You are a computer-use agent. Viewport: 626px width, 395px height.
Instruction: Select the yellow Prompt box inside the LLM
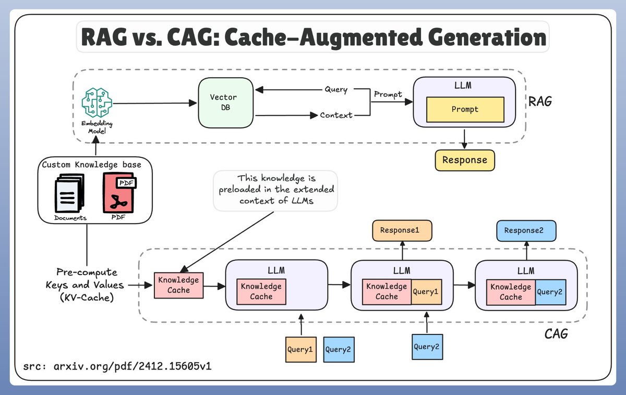click(x=465, y=110)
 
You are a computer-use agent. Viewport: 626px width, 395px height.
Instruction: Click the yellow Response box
click(x=464, y=159)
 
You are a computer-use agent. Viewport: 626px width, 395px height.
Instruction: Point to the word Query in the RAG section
click(x=336, y=90)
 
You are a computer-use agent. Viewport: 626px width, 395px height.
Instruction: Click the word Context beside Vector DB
click(x=336, y=115)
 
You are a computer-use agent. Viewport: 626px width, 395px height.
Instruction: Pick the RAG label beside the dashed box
click(x=539, y=101)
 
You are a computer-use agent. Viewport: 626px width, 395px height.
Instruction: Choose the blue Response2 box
click(x=526, y=230)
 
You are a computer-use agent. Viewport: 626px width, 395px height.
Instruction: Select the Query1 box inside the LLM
click(x=426, y=292)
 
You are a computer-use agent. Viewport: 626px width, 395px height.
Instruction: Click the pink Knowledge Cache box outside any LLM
click(x=178, y=285)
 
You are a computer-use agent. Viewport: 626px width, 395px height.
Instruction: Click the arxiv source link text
click(x=117, y=366)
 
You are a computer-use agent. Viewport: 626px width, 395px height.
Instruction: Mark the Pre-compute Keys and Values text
click(x=87, y=285)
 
